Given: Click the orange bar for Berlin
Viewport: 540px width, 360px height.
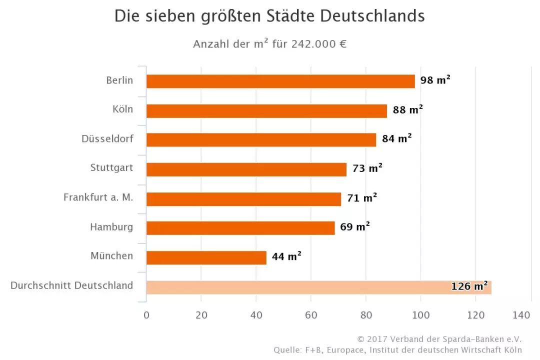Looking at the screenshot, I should click(280, 81).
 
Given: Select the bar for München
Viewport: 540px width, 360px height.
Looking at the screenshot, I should click(206, 257).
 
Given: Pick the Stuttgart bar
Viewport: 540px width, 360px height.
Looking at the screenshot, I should click(246, 169).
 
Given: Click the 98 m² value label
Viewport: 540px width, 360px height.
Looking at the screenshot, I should click(435, 80).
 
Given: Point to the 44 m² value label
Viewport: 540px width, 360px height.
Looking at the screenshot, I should click(286, 257).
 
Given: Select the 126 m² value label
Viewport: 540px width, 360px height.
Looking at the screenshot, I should click(469, 286).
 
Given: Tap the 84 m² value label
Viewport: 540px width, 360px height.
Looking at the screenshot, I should click(396, 138).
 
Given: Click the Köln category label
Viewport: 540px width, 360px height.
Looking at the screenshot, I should click(123, 109).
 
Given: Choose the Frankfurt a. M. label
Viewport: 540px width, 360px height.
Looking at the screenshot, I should click(98, 197).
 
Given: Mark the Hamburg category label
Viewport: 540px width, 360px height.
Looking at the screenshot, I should click(111, 227).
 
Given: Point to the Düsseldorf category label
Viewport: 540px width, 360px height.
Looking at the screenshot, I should click(107, 138).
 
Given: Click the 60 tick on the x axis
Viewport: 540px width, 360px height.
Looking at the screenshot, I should click(311, 315).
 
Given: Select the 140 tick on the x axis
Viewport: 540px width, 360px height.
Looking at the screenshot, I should click(521, 315).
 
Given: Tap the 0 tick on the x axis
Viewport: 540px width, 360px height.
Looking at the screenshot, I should click(146, 315).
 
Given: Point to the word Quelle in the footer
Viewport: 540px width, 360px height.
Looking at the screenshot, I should click(286, 350).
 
